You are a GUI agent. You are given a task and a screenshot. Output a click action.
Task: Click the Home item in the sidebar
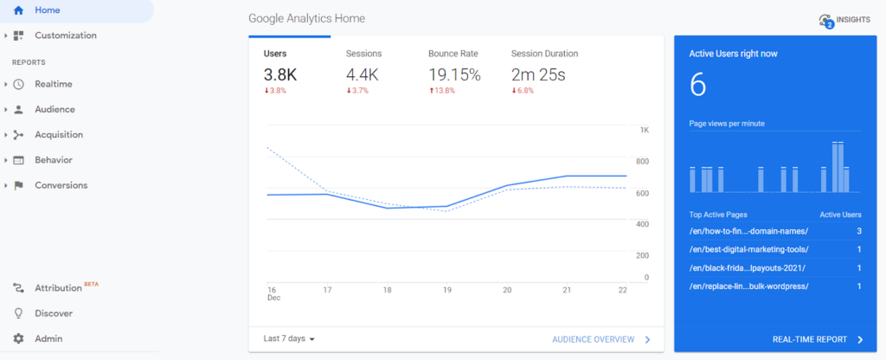point(48,10)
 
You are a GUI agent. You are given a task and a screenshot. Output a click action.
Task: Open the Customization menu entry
point(65,35)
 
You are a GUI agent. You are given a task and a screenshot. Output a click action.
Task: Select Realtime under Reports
point(53,84)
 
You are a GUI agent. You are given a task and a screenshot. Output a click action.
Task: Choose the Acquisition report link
point(59,135)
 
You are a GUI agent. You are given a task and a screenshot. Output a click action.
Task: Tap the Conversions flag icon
point(18,185)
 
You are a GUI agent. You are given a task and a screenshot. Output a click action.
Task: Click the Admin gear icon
point(18,338)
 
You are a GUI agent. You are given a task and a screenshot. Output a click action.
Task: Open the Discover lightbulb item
point(53,313)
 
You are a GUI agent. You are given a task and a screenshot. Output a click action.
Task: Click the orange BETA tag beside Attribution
point(92,284)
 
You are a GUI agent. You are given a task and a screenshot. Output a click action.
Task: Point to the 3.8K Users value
point(280,75)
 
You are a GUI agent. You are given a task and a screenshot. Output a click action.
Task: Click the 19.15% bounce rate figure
point(454,75)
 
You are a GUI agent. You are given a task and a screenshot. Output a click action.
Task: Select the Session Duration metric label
point(544,54)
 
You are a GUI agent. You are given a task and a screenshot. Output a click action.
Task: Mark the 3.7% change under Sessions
point(358,91)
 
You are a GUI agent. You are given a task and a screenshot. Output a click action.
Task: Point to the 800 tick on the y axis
point(643,161)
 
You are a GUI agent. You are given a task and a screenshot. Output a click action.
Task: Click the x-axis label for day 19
point(446,290)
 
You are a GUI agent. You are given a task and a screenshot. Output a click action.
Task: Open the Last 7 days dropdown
point(289,338)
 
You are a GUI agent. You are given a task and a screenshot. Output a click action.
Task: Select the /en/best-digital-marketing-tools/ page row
point(749,249)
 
